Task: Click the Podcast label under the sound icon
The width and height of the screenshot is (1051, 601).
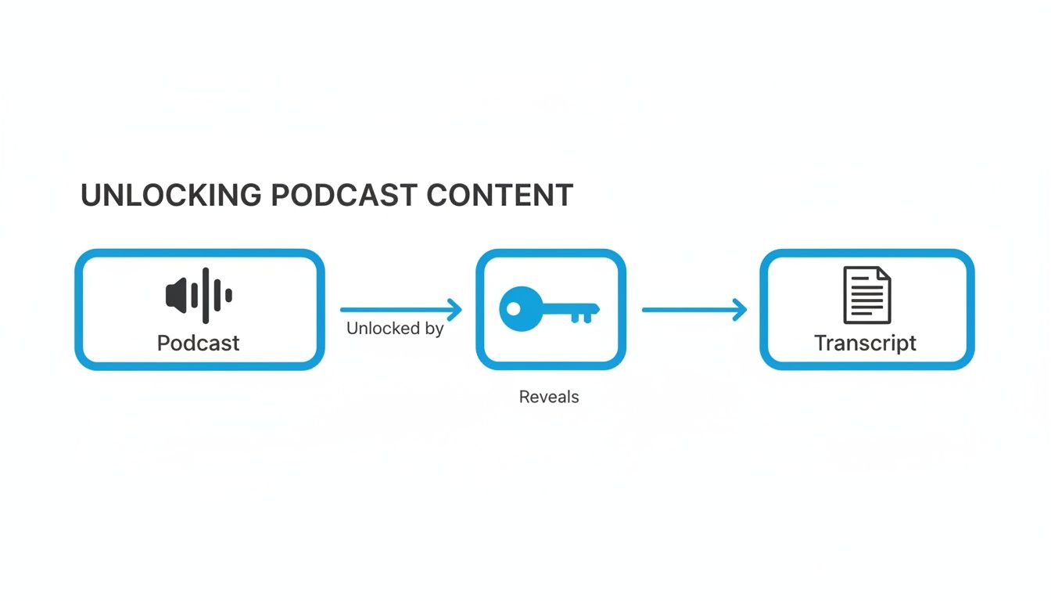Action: click(x=199, y=343)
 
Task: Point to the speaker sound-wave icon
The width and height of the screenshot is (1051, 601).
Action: click(x=199, y=295)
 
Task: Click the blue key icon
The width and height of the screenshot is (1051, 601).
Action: click(x=549, y=309)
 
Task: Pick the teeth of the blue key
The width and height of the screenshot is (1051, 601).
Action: click(x=581, y=316)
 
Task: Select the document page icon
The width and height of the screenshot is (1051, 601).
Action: click(x=866, y=295)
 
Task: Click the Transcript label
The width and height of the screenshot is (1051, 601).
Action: click(x=865, y=343)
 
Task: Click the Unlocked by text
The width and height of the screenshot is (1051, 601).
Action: click(x=395, y=329)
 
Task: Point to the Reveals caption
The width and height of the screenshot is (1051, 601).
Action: click(x=549, y=397)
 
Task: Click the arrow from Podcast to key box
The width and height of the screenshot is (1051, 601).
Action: click(x=399, y=310)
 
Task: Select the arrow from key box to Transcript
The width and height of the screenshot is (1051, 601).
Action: click(x=692, y=310)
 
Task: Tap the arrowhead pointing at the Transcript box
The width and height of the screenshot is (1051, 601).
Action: click(x=740, y=310)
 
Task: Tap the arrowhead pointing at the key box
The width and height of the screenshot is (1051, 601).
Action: click(x=455, y=310)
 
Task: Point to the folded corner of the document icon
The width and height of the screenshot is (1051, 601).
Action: click(x=884, y=275)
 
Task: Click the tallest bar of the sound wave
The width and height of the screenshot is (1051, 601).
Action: click(x=206, y=295)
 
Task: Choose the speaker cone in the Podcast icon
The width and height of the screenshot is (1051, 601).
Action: click(x=177, y=295)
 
